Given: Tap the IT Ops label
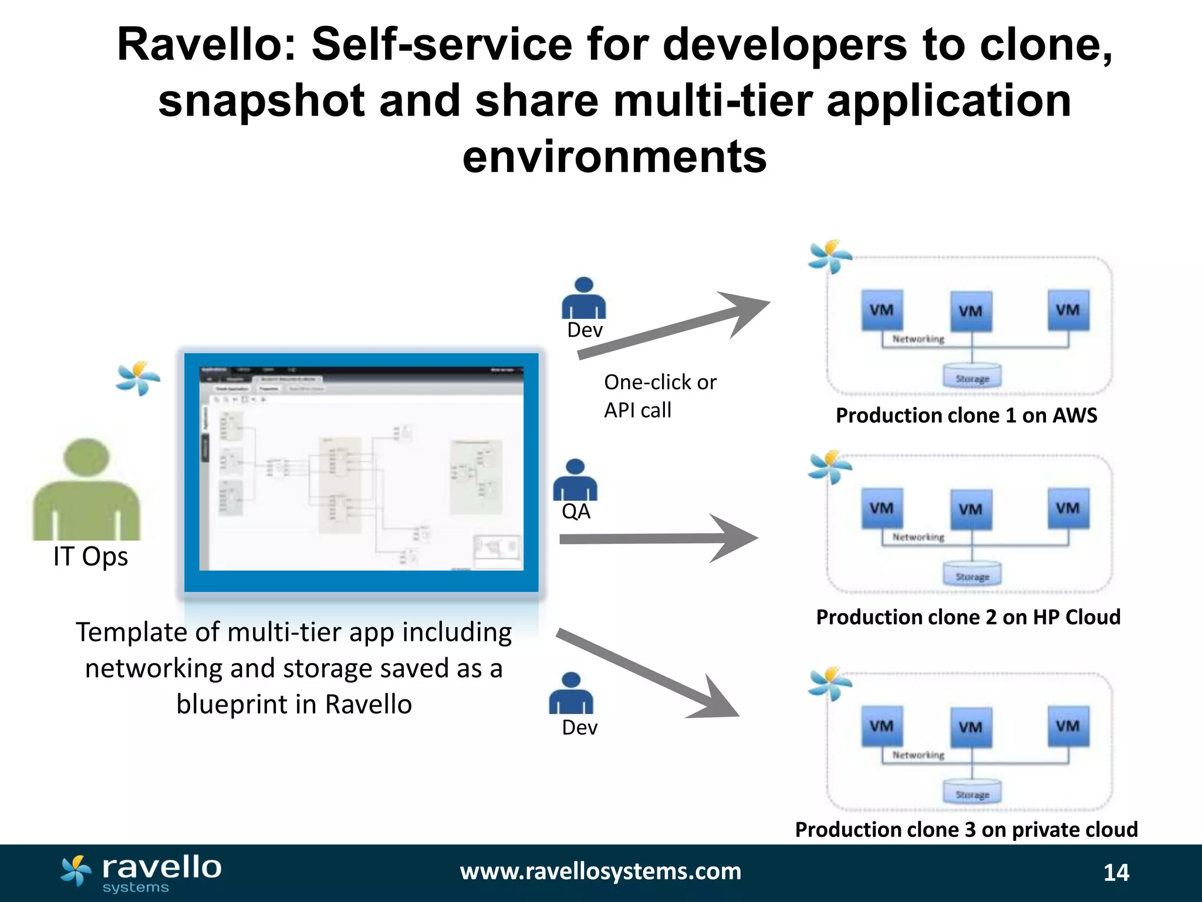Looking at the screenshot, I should pyautogui.click(x=90, y=556).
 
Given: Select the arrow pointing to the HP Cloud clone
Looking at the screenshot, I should pyautogui.click(x=657, y=538).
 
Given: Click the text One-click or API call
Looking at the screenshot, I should pyautogui.click(x=660, y=396).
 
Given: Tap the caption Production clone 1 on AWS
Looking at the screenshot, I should pyautogui.click(x=966, y=415).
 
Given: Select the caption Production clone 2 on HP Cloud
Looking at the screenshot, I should pyautogui.click(x=968, y=617).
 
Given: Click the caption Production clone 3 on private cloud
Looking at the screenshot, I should pyautogui.click(x=966, y=829).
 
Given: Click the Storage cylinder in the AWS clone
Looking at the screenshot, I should pyautogui.click(x=972, y=376).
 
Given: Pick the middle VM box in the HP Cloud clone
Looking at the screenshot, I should pyautogui.click(x=971, y=509).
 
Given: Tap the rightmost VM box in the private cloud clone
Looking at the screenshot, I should pyautogui.click(x=1068, y=726).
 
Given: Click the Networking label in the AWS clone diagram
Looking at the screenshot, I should pyautogui.click(x=918, y=339).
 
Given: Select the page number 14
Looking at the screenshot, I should pyautogui.click(x=1116, y=873).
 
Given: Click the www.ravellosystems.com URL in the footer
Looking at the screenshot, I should pyautogui.click(x=600, y=871).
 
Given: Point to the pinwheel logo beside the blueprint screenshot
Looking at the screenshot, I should pyautogui.click(x=137, y=378).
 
